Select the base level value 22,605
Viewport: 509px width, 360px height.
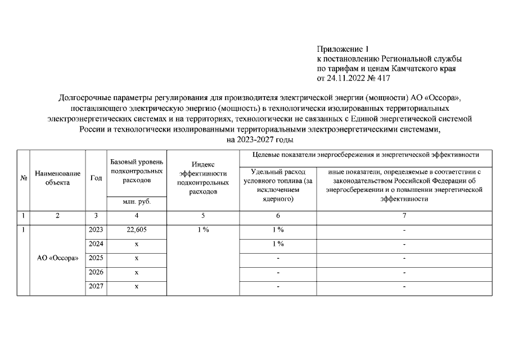pos(137,229)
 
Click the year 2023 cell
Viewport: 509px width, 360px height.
pos(96,229)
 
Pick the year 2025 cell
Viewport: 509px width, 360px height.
pos(96,258)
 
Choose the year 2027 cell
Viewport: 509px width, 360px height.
pos(96,286)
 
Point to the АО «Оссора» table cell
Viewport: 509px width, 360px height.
pos(57,258)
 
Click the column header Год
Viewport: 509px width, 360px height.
pos(96,178)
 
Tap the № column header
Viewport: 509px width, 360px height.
pos(24,178)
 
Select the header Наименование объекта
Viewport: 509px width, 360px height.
pos(57,178)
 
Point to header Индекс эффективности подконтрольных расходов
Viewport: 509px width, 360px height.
pos(202,178)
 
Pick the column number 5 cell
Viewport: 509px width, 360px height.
pos(202,215)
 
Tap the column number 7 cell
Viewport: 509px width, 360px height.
pos(404,215)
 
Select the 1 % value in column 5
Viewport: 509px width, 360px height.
pos(202,229)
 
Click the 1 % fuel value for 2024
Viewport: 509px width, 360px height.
pos(278,244)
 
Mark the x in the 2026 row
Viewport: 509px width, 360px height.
pos(137,272)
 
